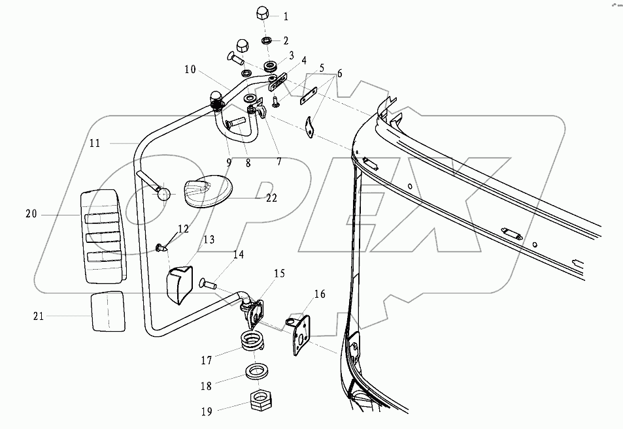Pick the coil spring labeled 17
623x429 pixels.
point(253,342)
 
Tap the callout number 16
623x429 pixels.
point(319,295)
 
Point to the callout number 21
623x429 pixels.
point(38,316)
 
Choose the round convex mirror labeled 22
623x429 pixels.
point(206,191)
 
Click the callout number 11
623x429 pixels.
point(95,143)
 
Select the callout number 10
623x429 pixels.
point(190,69)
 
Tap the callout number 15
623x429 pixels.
point(279,273)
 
